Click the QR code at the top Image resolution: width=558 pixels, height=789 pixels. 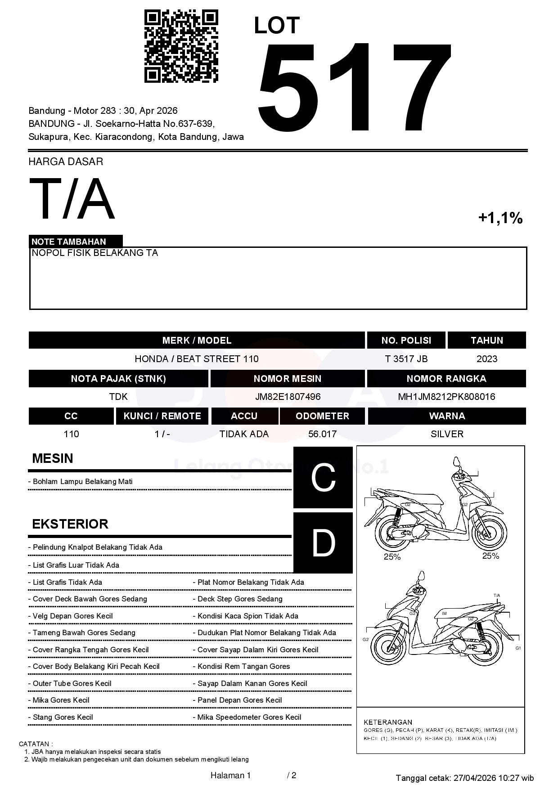click(x=181, y=47)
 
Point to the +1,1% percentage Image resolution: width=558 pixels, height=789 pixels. click(x=500, y=218)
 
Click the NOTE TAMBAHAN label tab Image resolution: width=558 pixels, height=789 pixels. click(x=69, y=242)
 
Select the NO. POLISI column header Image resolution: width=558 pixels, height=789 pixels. click(x=406, y=341)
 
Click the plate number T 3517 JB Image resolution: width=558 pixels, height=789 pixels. click(x=406, y=359)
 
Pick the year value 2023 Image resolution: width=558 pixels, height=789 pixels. click(x=486, y=359)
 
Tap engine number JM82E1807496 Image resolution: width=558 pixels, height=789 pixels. click(x=288, y=397)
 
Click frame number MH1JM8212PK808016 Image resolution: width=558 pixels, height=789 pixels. click(x=446, y=397)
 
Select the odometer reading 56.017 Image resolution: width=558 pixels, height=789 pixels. click(x=322, y=434)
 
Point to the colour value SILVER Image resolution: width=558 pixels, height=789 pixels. click(x=447, y=434)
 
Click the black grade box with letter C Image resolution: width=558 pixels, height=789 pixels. click(x=323, y=477)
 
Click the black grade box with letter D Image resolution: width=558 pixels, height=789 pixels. click(x=323, y=543)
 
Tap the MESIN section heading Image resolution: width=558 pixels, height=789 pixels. click(x=52, y=458)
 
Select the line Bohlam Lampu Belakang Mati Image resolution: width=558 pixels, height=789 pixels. click(x=83, y=482)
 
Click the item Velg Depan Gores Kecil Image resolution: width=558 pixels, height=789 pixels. click(x=72, y=616)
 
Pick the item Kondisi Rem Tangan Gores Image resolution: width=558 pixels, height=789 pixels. click(x=243, y=667)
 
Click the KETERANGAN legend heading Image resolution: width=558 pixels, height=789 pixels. click(x=388, y=722)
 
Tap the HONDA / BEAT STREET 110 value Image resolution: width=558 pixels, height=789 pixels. click(x=197, y=359)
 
